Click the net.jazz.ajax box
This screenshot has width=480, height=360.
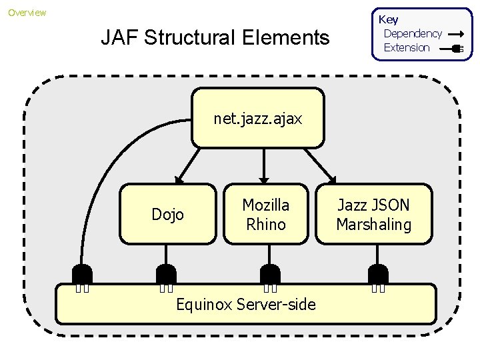258,118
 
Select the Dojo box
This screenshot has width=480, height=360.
167,214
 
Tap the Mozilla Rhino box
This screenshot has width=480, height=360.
265,214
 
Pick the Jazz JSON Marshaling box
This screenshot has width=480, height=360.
373,214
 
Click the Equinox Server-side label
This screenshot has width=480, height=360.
245,305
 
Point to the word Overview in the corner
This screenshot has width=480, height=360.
27,13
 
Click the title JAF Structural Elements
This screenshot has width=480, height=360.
215,38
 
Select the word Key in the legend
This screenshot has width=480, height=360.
388,19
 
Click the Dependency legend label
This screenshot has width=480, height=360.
413,33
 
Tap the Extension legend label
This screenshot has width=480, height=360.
407,47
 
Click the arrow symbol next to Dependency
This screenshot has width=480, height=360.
456,33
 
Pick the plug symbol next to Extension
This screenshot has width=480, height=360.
456,48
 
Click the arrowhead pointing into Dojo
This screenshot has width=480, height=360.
179,179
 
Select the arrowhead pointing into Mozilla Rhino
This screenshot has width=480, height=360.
264,179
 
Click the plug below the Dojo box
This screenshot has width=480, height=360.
166,275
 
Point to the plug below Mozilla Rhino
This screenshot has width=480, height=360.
269,275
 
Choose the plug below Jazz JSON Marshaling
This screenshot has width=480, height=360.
378,275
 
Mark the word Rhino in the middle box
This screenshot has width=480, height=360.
265,225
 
